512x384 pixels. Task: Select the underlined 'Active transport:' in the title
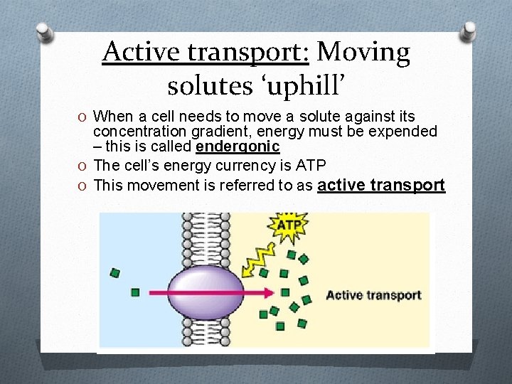pos(206,52)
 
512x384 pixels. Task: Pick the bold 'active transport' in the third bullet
pos(381,186)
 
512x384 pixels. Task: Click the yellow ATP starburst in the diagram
pos(288,227)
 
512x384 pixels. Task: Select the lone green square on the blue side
pos(115,272)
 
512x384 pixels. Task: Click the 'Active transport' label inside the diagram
pos(373,295)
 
